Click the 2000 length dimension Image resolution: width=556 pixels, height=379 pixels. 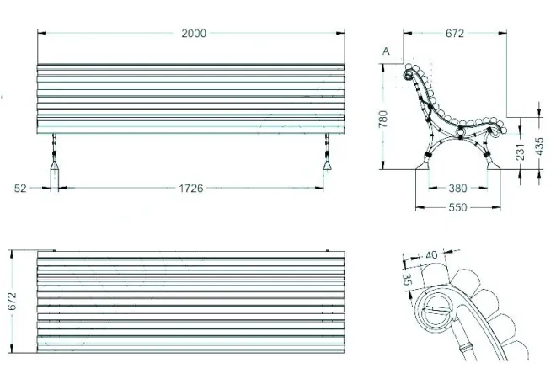click(194, 33)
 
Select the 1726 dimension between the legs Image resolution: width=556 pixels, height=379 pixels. click(191, 189)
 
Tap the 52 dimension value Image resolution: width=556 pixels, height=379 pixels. click(20, 189)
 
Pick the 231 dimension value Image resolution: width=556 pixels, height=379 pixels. click(521, 151)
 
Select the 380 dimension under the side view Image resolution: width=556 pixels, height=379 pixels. click(457, 189)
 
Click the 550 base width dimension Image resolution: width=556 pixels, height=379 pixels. click(457, 206)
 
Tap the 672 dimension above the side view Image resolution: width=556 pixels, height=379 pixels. click(455, 34)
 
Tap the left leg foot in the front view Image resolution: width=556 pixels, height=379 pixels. click(56, 175)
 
